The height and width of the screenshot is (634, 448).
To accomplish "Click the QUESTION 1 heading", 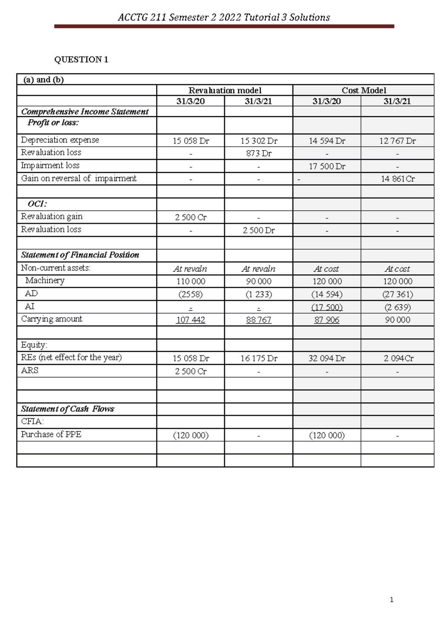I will pyautogui.click(x=81, y=59).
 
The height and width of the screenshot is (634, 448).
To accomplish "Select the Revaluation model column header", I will pyautogui.click(x=225, y=90).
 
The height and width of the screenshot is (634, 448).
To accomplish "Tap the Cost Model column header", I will pyautogui.click(x=364, y=90).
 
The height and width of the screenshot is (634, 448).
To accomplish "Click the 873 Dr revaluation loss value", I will pyautogui.click(x=259, y=153).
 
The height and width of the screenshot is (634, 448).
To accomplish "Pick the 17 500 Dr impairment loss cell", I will pyautogui.click(x=327, y=167).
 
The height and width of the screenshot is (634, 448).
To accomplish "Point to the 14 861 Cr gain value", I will pyautogui.click(x=398, y=179).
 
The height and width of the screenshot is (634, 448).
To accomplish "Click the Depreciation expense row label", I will pyautogui.click(x=60, y=140).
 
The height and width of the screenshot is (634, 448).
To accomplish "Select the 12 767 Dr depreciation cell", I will pyautogui.click(x=397, y=141).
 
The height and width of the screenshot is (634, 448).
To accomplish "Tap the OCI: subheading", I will pyautogui.click(x=37, y=204).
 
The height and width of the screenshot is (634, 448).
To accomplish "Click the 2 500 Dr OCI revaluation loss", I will pyautogui.click(x=259, y=230).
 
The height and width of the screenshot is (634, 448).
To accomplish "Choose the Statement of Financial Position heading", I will pyautogui.click(x=80, y=255).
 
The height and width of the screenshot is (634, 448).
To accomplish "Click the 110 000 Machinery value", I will pyautogui.click(x=191, y=282).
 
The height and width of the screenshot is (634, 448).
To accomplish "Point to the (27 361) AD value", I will pyautogui.click(x=398, y=294).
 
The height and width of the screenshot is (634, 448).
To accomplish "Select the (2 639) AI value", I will pyautogui.click(x=398, y=307).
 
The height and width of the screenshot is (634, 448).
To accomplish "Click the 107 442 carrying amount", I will pyautogui.click(x=191, y=320).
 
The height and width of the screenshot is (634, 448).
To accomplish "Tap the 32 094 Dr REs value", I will pyautogui.click(x=327, y=358).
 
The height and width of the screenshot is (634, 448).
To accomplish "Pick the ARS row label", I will pyautogui.click(x=29, y=370).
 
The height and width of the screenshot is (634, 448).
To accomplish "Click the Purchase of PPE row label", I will pyautogui.click(x=51, y=434).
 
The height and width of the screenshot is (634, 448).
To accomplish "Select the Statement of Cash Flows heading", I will pyautogui.click(x=68, y=409).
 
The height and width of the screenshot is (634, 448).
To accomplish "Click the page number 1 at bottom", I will pyautogui.click(x=391, y=600).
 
